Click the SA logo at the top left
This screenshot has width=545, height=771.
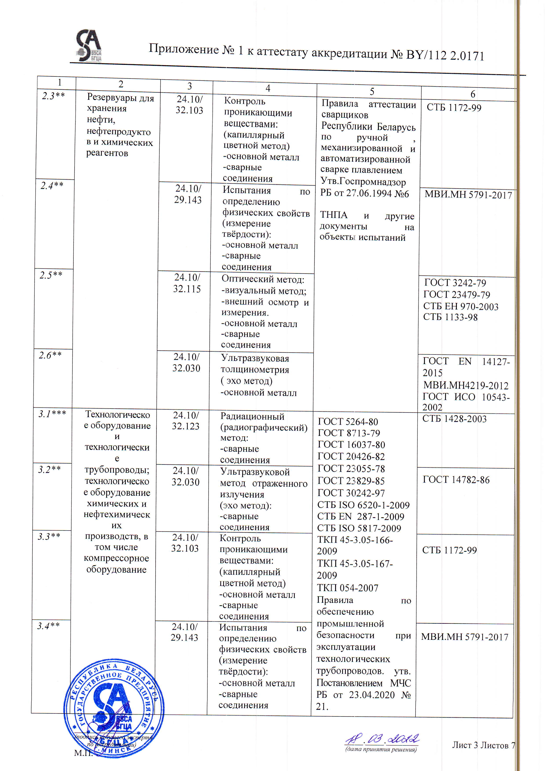89,46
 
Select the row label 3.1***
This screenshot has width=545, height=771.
52,414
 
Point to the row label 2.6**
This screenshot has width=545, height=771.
50,355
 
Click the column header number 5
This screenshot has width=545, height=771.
372,92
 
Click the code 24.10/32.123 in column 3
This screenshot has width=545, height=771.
186,421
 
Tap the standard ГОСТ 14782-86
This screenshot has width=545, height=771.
456,480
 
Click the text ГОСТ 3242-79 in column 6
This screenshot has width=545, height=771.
455,283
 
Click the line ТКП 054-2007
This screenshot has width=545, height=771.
348,588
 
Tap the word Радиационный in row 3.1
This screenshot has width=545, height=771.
252,416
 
